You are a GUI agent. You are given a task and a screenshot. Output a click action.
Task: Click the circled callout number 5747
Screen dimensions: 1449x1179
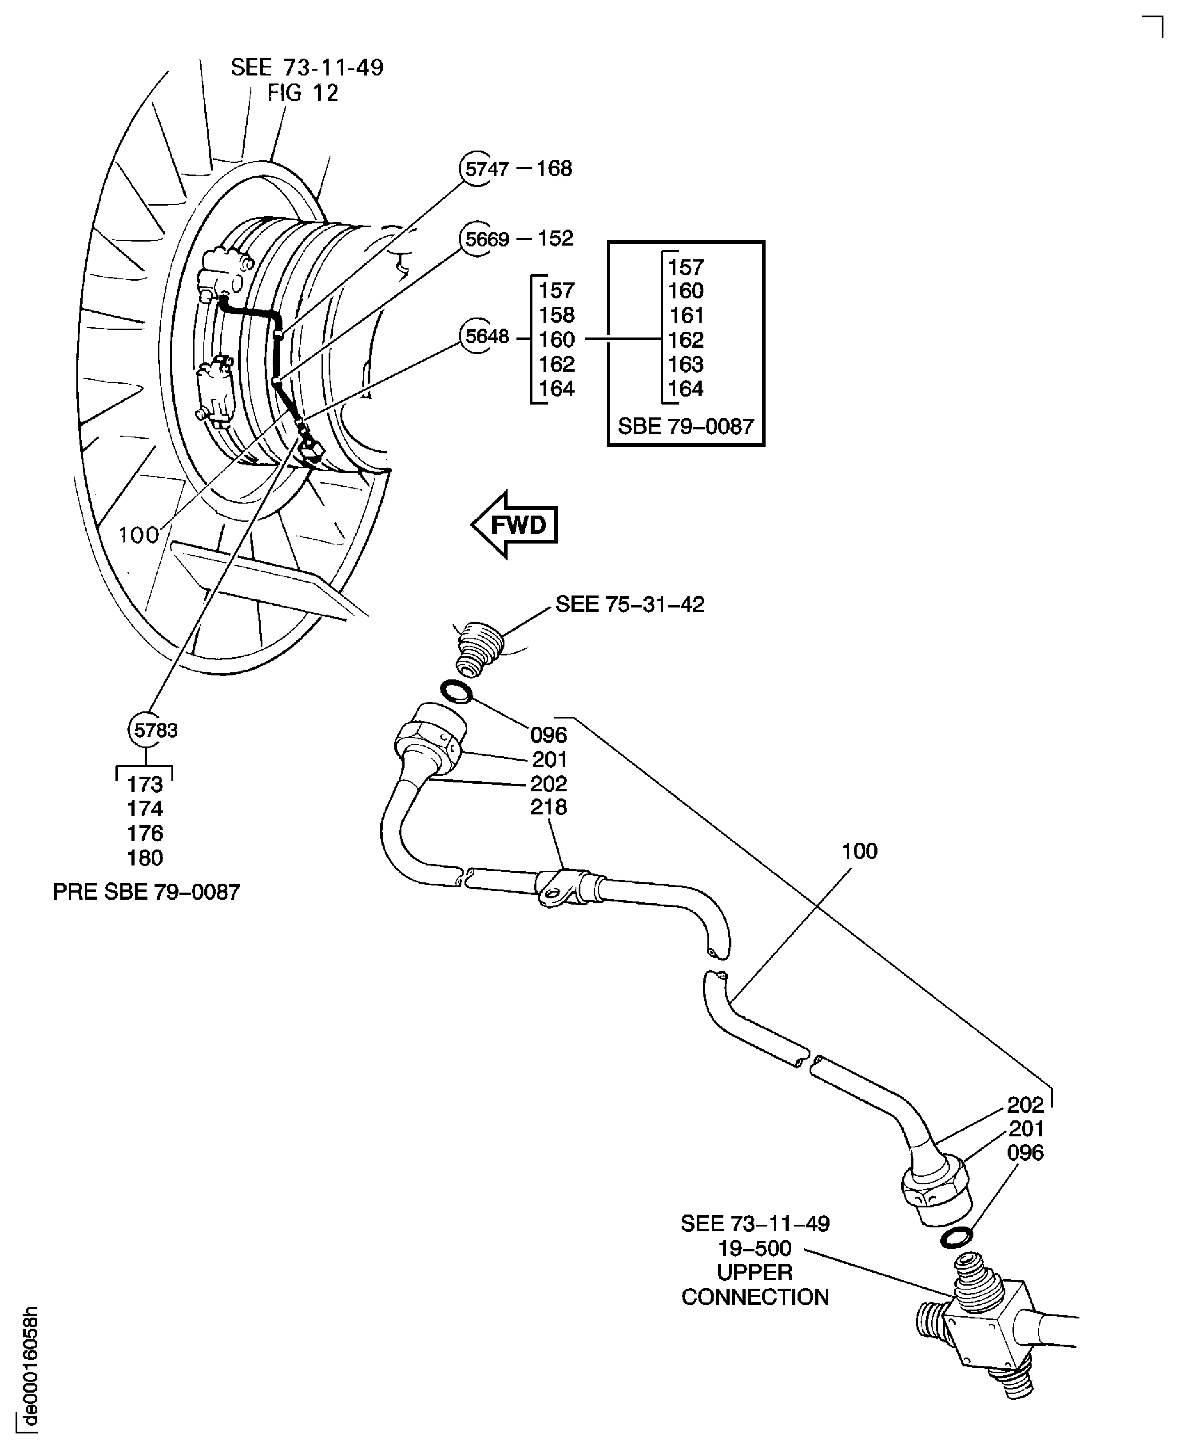[484, 168]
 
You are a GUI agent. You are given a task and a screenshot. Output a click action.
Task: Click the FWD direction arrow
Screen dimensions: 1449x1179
[515, 525]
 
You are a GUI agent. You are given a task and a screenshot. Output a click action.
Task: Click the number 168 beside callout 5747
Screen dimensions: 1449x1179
[554, 168]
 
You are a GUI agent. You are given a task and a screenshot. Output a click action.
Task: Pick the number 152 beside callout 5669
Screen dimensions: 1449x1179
[556, 238]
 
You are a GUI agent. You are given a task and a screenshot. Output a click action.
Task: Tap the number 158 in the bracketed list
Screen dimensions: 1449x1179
[556, 315]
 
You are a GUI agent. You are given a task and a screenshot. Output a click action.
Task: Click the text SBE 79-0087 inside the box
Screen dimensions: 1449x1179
[686, 426]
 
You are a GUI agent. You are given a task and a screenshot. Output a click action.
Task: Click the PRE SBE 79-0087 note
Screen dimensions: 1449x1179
[147, 892]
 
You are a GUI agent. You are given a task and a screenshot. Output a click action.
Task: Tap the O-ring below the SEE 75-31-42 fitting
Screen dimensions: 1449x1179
[457, 693]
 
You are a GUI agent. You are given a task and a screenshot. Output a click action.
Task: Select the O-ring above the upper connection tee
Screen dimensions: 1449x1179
[956, 1238]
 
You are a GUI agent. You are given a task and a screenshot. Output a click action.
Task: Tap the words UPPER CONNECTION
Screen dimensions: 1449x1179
[754, 1285]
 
